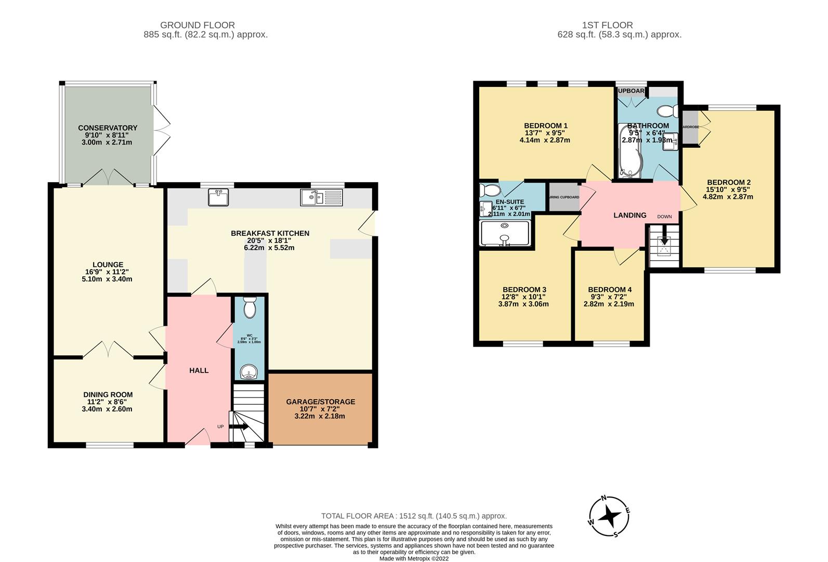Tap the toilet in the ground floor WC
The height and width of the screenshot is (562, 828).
coord(249,308)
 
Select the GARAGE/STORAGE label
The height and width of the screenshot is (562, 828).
coord(320,402)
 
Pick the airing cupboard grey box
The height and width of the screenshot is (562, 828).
coord(564,197)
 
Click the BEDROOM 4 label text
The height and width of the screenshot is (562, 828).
coord(610,290)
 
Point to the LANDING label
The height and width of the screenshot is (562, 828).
coord(629,215)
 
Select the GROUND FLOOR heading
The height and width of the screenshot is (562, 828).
coord(197,25)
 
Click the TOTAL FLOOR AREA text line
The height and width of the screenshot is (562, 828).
coord(414,516)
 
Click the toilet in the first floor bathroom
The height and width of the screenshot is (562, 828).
coord(666,111)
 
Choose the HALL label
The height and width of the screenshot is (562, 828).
coord(199,371)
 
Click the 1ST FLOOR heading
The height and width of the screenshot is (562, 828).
coord(608,25)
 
